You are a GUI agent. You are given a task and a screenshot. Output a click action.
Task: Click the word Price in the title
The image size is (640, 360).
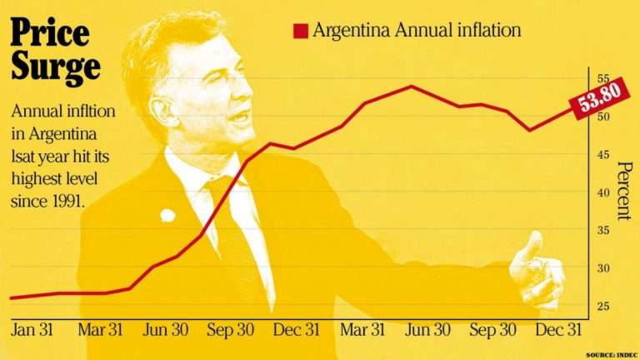tap(49, 34)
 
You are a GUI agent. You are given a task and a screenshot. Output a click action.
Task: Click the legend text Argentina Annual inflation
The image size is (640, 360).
tap(416, 31)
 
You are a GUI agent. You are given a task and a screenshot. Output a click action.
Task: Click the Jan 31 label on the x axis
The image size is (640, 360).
tap(32, 330)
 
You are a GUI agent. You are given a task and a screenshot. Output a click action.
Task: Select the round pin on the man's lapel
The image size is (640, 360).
tap(167, 215)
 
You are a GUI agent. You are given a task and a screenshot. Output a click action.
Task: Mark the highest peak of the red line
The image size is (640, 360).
tap(410, 86)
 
